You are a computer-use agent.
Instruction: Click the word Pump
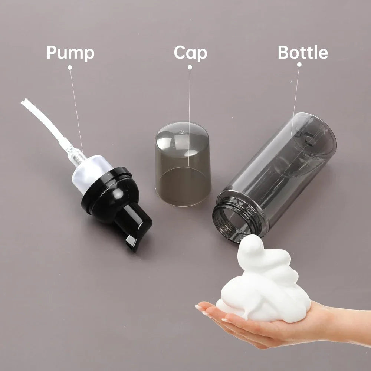pyautogui.click(x=70, y=53)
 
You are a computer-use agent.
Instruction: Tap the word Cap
pyautogui.click(x=190, y=53)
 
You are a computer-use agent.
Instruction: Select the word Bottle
pyautogui.click(x=303, y=53)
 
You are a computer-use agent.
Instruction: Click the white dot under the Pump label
pyautogui.click(x=69, y=67)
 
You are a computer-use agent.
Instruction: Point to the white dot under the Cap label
pyautogui.click(x=190, y=67)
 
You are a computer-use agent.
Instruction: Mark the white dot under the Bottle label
pyautogui.click(x=299, y=65)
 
